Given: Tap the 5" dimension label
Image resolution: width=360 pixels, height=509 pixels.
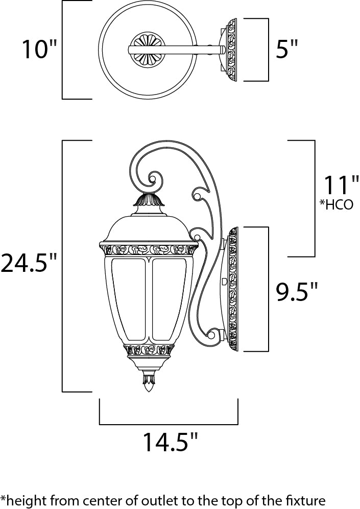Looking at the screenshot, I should point(286,50).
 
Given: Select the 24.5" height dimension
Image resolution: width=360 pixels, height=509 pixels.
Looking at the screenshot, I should point(28,263).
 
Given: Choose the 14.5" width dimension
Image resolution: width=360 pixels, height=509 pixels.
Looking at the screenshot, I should point(169,443).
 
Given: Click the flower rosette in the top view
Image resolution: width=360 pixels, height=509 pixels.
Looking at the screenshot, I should point(148,50).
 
